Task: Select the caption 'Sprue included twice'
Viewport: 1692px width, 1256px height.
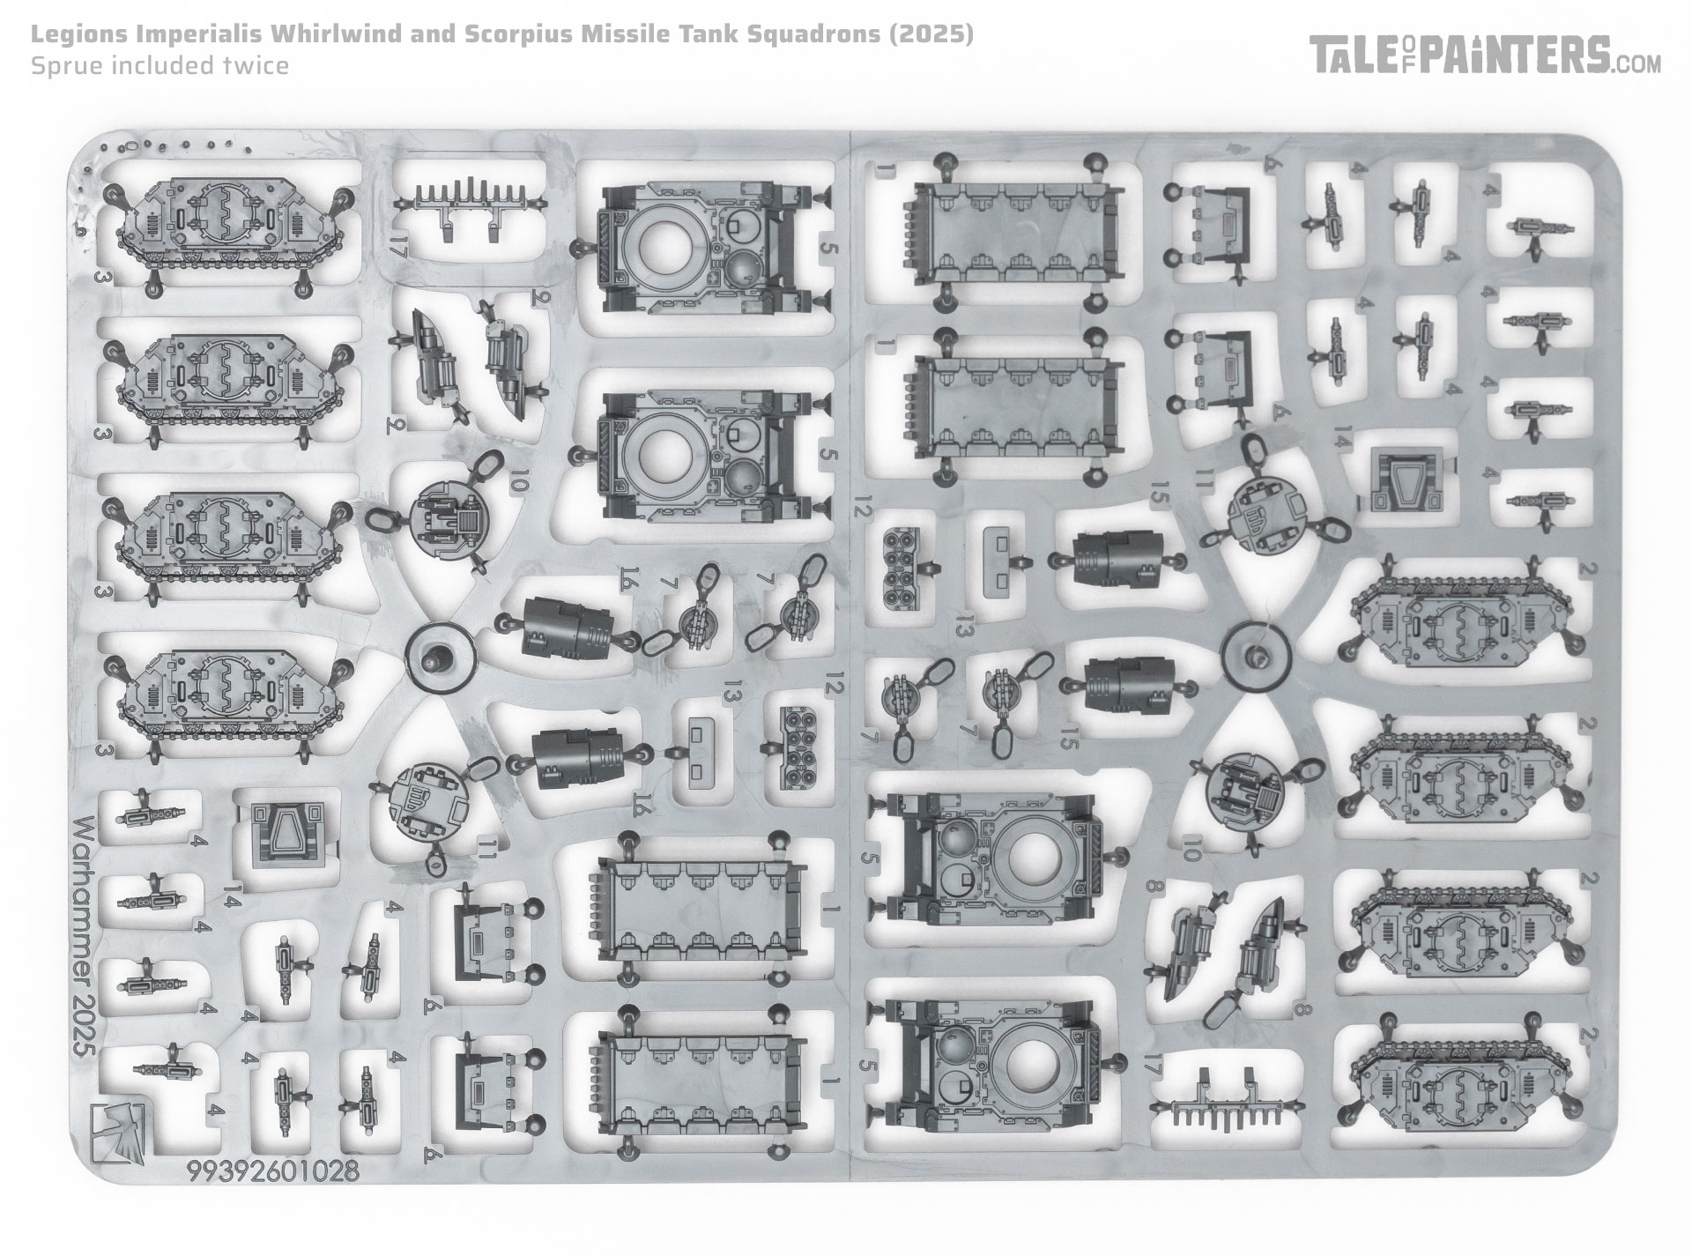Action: (x=160, y=65)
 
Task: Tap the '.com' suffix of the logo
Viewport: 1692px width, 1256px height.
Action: (x=1639, y=63)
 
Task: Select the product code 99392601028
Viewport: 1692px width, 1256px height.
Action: (x=272, y=1171)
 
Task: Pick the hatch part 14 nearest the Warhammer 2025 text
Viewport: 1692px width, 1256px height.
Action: (x=284, y=832)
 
